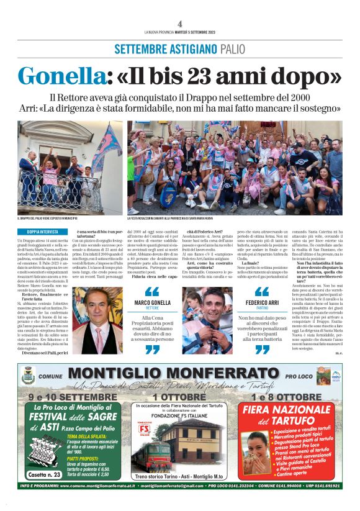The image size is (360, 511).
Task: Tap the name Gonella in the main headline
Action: click(x=56, y=75)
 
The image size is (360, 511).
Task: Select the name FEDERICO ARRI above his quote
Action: click(x=256, y=302)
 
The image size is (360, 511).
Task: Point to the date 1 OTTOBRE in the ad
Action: click(x=180, y=396)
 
